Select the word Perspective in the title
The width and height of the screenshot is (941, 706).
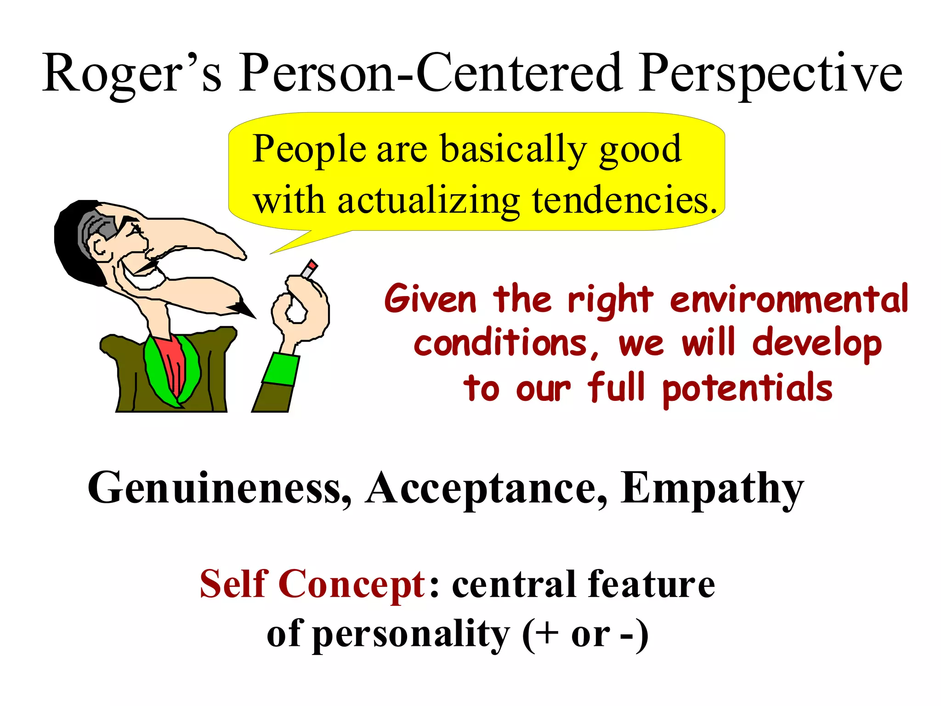(x=770, y=74)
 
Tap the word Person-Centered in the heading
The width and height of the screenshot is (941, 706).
(x=430, y=74)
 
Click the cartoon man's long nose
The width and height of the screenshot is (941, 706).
(x=202, y=234)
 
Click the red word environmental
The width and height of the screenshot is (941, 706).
(x=788, y=299)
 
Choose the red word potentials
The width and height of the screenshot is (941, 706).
(x=747, y=389)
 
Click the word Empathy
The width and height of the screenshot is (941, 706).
(x=712, y=488)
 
